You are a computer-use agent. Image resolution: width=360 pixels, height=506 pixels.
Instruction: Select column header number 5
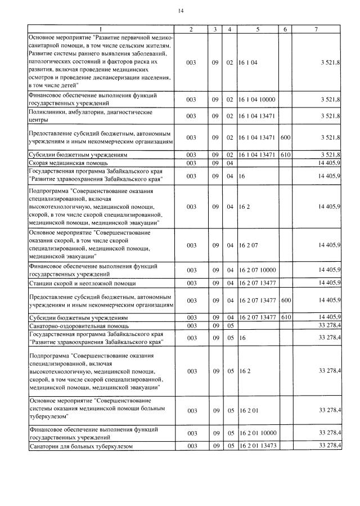[258, 29]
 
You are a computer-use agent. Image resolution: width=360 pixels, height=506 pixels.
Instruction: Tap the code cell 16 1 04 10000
[256, 100]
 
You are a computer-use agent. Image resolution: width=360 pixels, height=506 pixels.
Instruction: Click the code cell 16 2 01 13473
[256, 446]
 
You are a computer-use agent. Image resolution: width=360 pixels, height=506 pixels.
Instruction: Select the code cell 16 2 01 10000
[256, 433]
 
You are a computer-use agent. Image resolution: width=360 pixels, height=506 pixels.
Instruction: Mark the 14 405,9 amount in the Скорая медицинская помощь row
[329, 163]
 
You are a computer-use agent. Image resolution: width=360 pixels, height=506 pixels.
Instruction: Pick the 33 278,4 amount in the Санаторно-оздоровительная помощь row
[329, 326]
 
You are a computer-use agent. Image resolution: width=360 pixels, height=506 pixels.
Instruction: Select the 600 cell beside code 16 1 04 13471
[286, 137]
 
